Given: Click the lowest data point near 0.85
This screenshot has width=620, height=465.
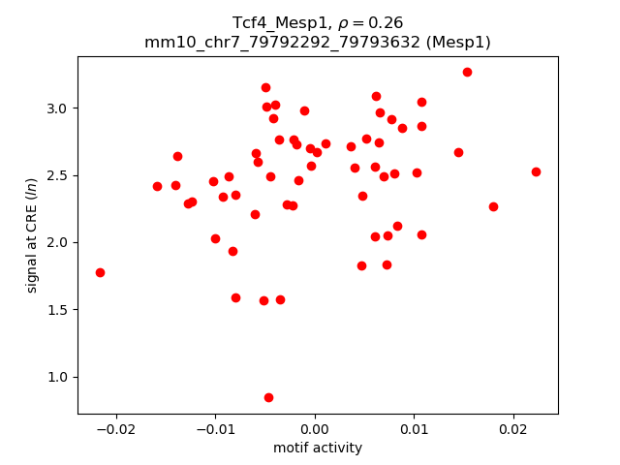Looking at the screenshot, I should click(268, 397).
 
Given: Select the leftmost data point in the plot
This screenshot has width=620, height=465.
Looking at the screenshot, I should click(100, 272).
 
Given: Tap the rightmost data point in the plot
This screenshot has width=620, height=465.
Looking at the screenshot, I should click(536, 171).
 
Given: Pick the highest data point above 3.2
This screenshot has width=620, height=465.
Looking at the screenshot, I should click(467, 72).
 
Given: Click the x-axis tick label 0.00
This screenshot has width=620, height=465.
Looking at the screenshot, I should click(315, 428).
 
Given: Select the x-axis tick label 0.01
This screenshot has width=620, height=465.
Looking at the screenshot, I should click(414, 428).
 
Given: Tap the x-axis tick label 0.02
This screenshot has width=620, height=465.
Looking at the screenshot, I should click(512, 428).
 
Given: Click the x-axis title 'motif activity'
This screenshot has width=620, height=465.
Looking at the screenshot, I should click(318, 448).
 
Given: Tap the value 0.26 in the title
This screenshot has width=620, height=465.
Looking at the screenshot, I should click(385, 22).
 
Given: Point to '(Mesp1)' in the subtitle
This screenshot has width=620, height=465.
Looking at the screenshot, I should click(460, 42).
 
